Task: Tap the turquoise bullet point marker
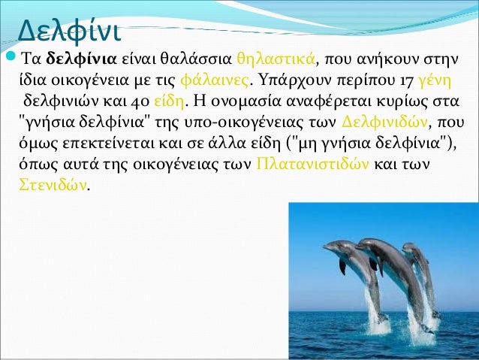click(11, 56)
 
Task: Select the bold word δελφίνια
click(82, 59)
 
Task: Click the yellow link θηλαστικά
click(276, 59)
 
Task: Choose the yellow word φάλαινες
click(215, 80)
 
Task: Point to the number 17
click(406, 80)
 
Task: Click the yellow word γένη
click(434, 80)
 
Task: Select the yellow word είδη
click(169, 101)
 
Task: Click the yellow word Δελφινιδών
click(384, 123)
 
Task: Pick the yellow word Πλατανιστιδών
click(312, 165)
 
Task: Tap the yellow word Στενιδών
click(53, 185)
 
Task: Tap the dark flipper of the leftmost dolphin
click(342, 266)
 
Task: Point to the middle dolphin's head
click(367, 244)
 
